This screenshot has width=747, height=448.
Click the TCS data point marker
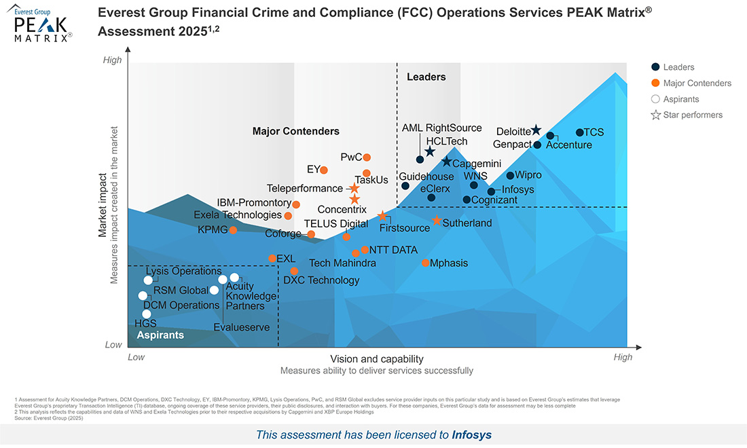(x=580, y=133)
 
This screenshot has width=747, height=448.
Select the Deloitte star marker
(x=536, y=130)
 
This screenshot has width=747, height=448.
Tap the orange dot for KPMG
(x=233, y=230)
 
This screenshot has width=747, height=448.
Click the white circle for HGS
(x=147, y=314)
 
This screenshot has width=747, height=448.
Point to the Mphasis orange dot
(x=426, y=263)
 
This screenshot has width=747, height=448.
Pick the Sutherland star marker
(x=437, y=221)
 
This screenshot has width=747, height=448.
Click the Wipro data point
(x=510, y=176)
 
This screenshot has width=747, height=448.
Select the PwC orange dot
(x=367, y=157)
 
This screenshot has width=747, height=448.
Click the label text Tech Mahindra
(x=342, y=263)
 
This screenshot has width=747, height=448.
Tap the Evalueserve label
(x=241, y=328)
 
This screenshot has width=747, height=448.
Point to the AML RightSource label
(x=441, y=128)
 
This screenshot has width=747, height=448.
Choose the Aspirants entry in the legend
(x=680, y=99)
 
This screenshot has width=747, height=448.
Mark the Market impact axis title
(x=103, y=204)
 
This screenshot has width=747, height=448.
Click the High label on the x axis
(x=623, y=357)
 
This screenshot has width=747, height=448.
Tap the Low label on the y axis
(x=113, y=345)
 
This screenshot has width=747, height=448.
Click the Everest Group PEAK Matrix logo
(x=42, y=24)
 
